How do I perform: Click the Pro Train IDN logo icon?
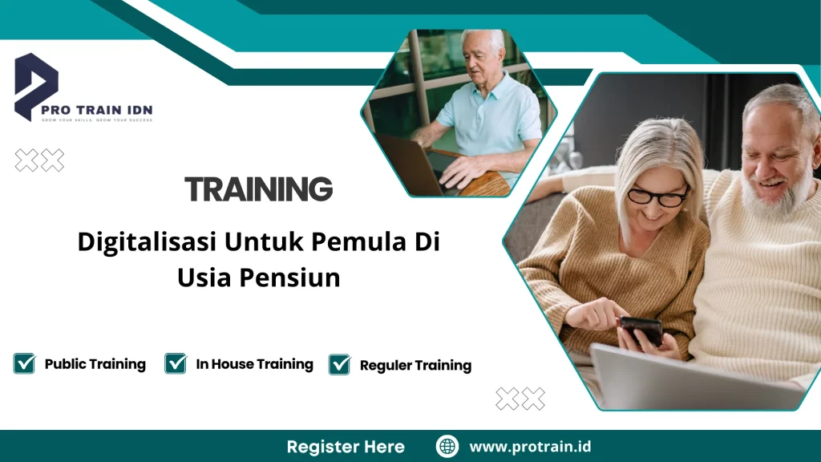(x=36, y=84)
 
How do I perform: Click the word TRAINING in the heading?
(x=258, y=189)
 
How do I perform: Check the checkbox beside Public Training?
(x=24, y=363)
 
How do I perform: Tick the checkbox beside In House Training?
(x=176, y=363)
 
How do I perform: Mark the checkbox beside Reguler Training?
(x=340, y=365)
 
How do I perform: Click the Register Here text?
(x=346, y=447)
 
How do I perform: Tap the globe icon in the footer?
(x=447, y=447)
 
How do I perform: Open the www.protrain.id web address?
(x=530, y=447)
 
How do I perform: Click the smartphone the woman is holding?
(x=641, y=330)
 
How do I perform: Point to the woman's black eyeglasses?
(x=657, y=196)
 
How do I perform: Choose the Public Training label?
(x=95, y=364)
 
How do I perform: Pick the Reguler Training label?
(x=415, y=366)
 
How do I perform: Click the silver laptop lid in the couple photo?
(x=690, y=377)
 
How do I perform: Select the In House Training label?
(x=254, y=364)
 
